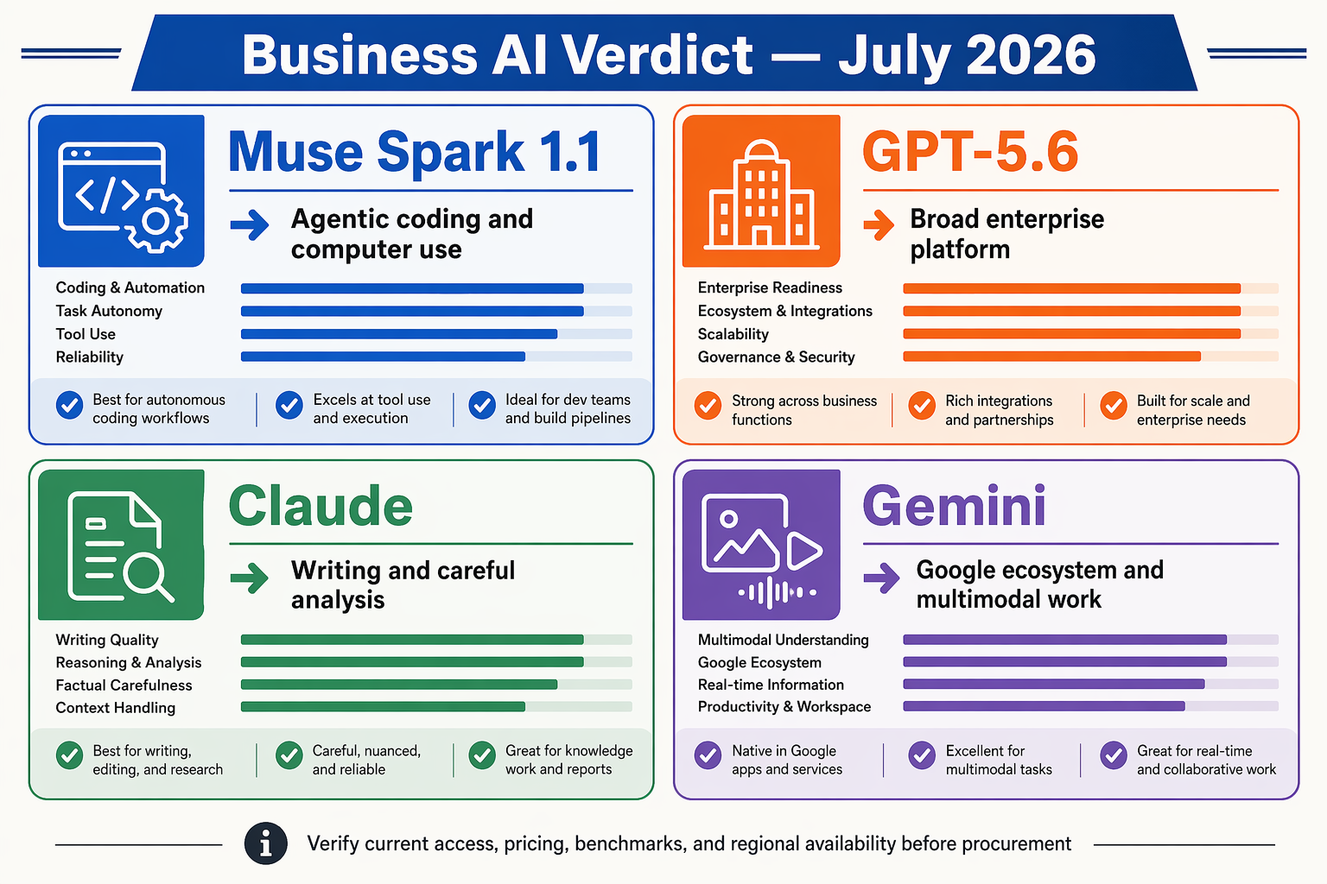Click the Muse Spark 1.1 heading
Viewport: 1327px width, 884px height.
point(415,152)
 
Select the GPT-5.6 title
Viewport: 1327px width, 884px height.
point(970,152)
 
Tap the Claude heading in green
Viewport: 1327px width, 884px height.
point(321,506)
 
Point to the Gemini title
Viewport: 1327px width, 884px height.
point(954,506)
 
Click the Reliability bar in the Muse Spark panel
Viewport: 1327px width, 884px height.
point(436,357)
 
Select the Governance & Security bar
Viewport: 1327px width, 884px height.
point(1090,357)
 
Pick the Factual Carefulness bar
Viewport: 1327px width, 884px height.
point(436,685)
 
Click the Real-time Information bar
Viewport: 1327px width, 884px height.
point(1090,684)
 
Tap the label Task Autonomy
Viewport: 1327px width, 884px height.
point(109,311)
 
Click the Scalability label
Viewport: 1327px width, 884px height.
point(733,334)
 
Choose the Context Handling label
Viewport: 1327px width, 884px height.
point(116,708)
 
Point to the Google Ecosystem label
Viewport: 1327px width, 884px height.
point(759,662)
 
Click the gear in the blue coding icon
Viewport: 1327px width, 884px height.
point(156,222)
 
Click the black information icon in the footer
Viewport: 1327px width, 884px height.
point(266,843)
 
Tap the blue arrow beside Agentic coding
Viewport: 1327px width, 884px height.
point(250,225)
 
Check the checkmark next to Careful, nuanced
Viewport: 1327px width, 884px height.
point(289,755)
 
